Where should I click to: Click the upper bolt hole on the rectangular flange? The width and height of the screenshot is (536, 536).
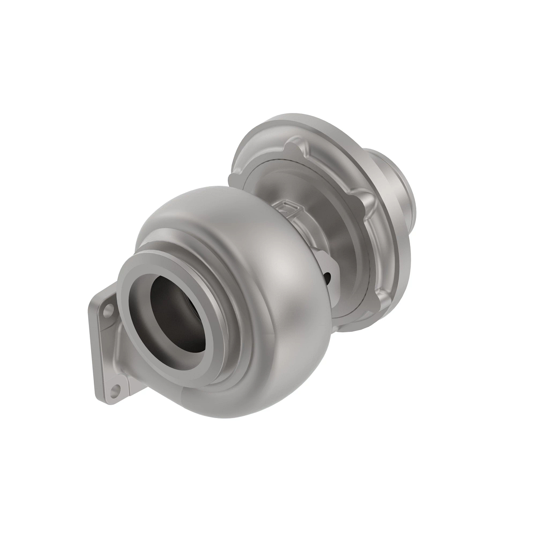(108, 308)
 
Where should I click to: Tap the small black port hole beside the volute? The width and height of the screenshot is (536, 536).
(329, 277)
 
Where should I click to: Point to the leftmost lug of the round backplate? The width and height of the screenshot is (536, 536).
(234, 179)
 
